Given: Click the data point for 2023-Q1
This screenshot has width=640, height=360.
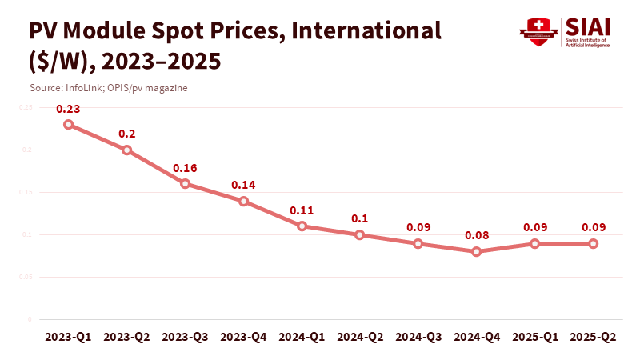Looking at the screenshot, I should pos(69,125).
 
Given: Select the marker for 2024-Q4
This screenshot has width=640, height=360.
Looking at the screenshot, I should pos(477,251).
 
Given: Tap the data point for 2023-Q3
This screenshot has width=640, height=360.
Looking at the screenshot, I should pos(185,183).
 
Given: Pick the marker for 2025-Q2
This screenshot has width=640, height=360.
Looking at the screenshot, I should pos(594,243).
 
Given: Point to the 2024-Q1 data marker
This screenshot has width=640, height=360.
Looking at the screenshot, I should pos(302,226).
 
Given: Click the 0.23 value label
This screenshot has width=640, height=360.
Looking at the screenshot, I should pos(69,108).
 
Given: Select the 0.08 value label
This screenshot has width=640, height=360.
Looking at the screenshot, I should pos(477,235).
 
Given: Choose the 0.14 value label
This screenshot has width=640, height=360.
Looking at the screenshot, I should pos(243,185).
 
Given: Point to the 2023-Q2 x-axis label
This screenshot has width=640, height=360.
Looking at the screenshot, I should pos(127,338).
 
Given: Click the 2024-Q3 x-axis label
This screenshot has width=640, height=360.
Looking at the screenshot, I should pos(418,338).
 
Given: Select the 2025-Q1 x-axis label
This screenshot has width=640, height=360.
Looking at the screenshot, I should pos(535,338).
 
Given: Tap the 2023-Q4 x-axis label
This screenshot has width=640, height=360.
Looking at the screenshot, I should pos(243,338).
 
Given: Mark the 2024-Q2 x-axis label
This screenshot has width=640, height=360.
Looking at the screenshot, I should pos(360,338).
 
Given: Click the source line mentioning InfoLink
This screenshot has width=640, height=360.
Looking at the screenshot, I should pos(108,87).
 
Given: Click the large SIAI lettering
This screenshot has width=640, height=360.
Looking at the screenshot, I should pos(587,26).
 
